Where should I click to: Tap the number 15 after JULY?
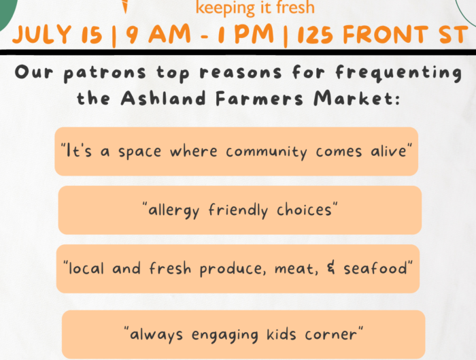[x=92, y=35]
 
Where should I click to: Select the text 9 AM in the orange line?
[x=158, y=33]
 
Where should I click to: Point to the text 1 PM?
[x=246, y=33]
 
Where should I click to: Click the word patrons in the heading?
[x=105, y=73]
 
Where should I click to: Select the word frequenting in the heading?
[x=398, y=73]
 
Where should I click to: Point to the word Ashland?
[x=163, y=98]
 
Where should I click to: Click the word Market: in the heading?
[x=357, y=98]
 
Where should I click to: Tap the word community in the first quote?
[x=267, y=152]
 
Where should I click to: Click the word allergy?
[x=173, y=210]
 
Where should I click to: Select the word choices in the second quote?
[x=304, y=210]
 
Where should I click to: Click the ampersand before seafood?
[x=331, y=267]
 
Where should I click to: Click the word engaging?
[x=224, y=335]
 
